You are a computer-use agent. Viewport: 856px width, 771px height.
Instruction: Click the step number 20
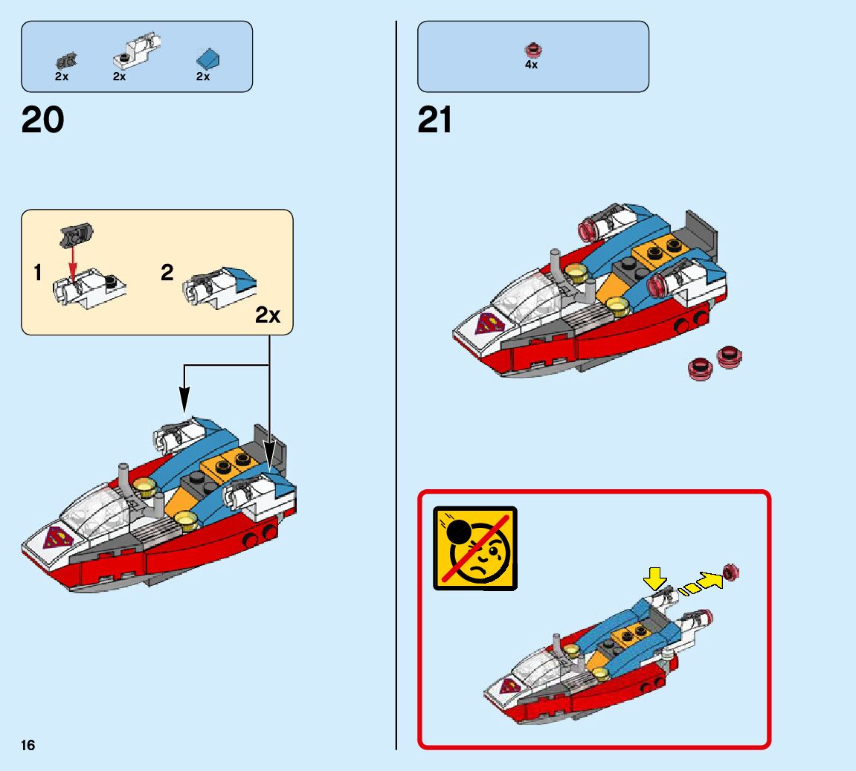pyautogui.click(x=43, y=120)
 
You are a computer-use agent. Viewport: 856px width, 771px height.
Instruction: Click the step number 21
pyautogui.click(x=435, y=120)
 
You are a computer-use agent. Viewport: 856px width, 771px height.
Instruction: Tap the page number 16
pyautogui.click(x=28, y=745)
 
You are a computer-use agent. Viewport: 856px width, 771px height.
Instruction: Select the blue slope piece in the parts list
pyautogui.click(x=207, y=57)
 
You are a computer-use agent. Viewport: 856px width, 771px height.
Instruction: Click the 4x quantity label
pyautogui.click(x=531, y=65)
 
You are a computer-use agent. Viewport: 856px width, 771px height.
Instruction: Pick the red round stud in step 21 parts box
pyautogui.click(x=532, y=50)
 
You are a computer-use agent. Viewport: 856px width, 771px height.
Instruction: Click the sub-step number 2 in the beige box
pyautogui.click(x=167, y=273)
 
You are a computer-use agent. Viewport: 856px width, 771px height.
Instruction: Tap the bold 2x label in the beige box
pyautogui.click(x=268, y=315)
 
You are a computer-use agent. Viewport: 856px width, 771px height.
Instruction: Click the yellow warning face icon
pyautogui.click(x=475, y=548)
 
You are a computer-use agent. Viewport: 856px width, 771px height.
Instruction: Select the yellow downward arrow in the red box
pyautogui.click(x=654, y=576)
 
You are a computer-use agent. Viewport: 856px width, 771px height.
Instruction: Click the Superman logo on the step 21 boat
pyautogui.click(x=489, y=323)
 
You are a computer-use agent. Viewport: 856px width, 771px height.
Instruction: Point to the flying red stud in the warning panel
pyautogui.click(x=732, y=572)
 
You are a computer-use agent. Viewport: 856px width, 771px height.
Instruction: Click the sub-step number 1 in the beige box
pyautogui.click(x=38, y=273)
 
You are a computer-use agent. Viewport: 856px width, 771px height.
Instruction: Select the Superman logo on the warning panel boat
pyautogui.click(x=510, y=686)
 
